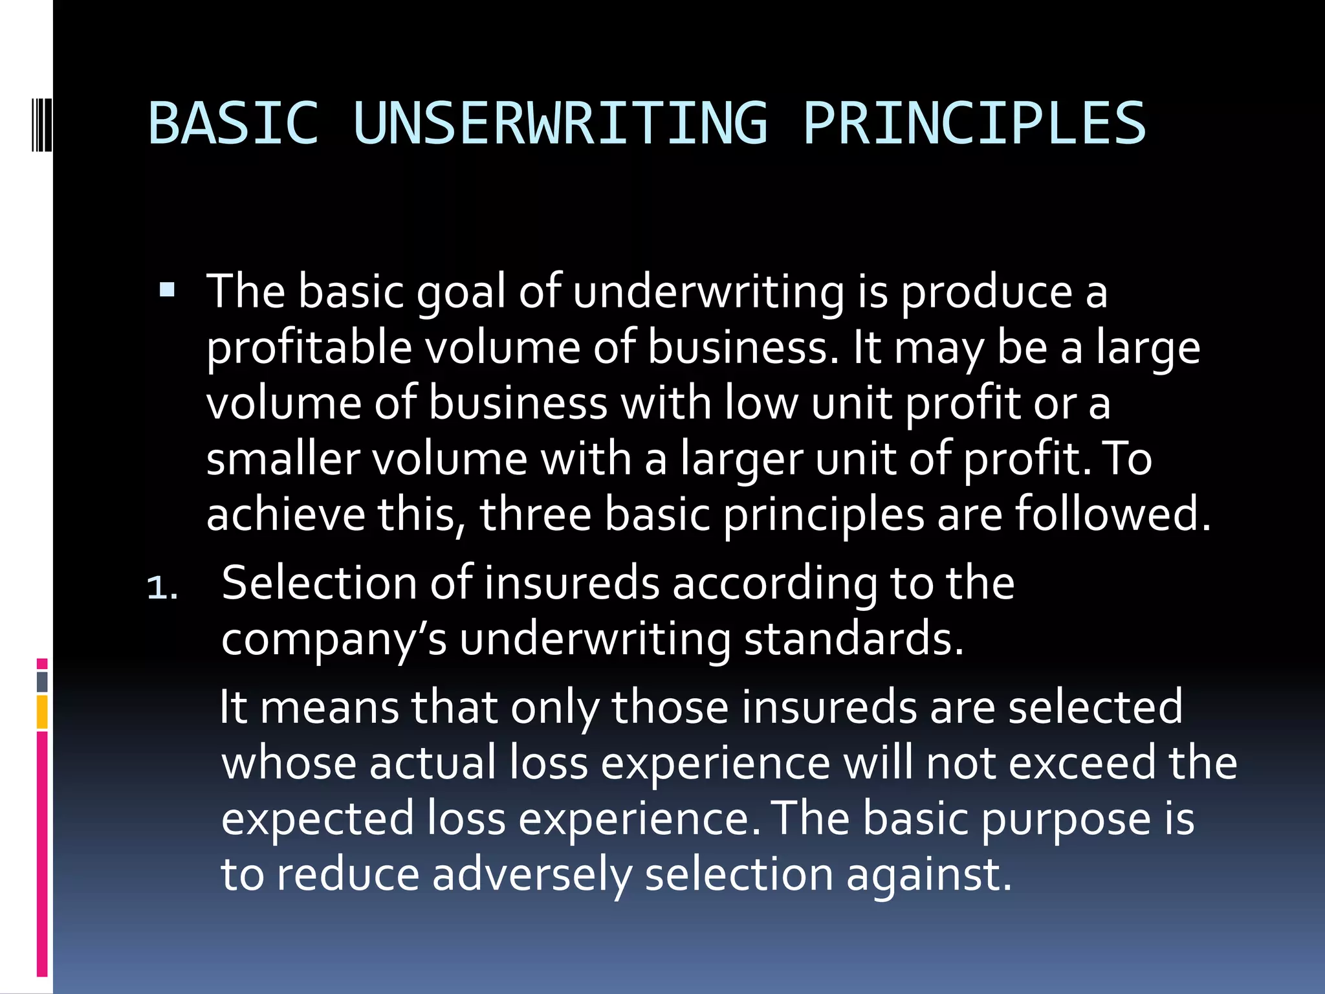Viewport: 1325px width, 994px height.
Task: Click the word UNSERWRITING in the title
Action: (x=561, y=123)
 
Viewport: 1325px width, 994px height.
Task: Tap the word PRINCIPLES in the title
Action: (x=974, y=123)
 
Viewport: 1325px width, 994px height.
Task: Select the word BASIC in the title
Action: (x=234, y=123)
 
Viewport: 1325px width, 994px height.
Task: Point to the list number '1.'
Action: (x=162, y=588)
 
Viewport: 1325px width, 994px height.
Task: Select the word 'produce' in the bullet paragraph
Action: (x=987, y=293)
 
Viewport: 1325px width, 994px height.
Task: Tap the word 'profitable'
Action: (x=309, y=348)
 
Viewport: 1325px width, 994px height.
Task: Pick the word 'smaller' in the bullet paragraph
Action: (x=283, y=459)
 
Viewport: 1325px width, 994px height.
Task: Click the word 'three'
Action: (x=535, y=514)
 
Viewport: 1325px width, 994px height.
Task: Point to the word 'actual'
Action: (x=432, y=762)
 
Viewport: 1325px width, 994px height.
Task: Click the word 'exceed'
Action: (x=1082, y=762)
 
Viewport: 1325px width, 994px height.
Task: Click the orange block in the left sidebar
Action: (x=42, y=712)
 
